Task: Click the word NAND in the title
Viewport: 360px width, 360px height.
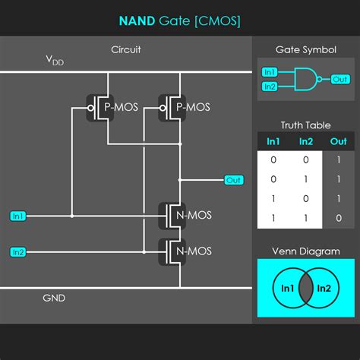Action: pos(137,21)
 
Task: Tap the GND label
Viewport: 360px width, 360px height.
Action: pos(53,298)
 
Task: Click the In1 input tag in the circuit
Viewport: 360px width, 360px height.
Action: pos(18,216)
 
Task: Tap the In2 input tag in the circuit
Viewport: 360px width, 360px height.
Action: pos(18,251)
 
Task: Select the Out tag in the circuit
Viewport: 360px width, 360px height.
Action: pos(233,180)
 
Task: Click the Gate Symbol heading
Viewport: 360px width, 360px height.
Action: pos(305,49)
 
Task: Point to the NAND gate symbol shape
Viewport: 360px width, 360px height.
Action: pos(308,79)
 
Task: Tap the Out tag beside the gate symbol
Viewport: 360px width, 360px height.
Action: pos(340,79)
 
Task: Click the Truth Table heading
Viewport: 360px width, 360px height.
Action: pos(305,125)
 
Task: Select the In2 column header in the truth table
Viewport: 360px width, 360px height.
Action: pos(305,141)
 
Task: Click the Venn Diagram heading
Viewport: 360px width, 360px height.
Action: pos(305,251)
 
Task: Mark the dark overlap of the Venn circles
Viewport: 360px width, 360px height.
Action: pos(305,288)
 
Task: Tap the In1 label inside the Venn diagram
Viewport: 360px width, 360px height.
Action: pos(288,288)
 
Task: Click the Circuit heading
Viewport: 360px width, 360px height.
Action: pos(125,49)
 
